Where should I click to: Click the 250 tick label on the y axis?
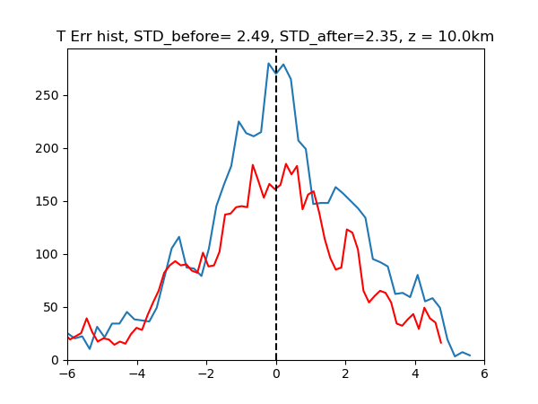[47, 95]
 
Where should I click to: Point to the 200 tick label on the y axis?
[47, 148]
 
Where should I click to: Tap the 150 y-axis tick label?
[47, 201]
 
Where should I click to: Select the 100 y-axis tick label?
[47, 255]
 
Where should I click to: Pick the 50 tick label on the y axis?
[51, 307]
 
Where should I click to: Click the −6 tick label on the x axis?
[67, 373]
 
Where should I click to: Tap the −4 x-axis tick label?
[137, 373]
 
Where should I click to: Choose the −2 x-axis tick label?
[206, 373]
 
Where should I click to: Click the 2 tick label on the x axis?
[345, 373]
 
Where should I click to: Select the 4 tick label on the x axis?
[415, 373]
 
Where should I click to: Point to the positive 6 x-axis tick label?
[484, 373]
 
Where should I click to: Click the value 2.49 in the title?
[253, 37]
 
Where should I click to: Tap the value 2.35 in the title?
[383, 37]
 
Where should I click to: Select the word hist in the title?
[109, 36]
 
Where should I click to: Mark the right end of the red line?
[441, 343]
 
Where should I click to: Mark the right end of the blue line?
[470, 356]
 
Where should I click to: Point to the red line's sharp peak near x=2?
[347, 229]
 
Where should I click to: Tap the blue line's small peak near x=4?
[418, 275]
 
